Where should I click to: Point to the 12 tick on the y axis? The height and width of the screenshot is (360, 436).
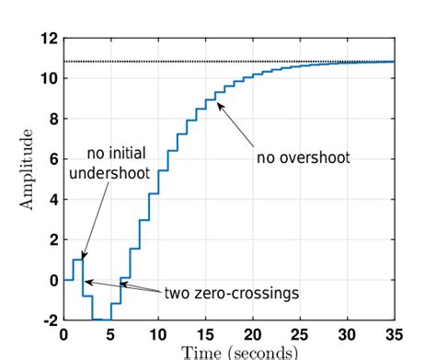coord(48,39)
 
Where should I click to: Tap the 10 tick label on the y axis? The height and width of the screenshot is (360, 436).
coord(48,79)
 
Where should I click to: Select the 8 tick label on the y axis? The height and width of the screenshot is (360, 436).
coord(52,119)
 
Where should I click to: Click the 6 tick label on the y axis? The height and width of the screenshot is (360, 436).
coord(52,159)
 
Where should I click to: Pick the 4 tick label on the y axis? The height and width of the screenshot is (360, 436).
coord(52,199)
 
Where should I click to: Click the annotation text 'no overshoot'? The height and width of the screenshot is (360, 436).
coord(304,157)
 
